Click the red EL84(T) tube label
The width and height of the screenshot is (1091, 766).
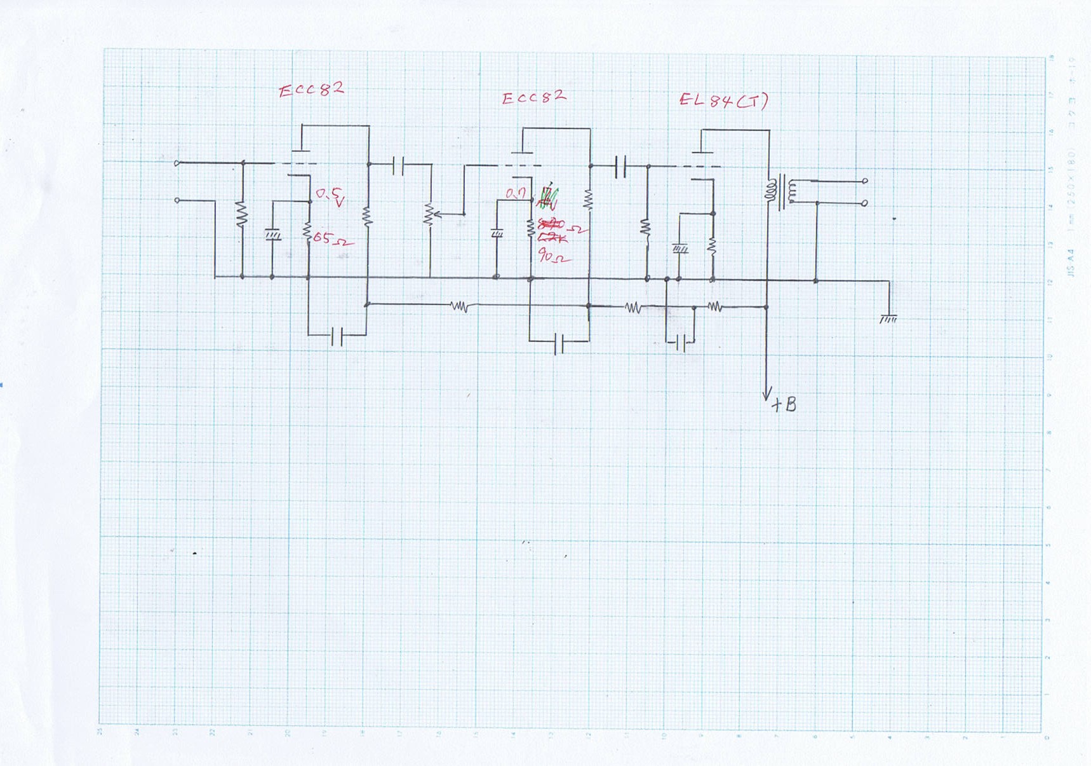723,100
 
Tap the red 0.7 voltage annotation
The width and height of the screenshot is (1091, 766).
516,193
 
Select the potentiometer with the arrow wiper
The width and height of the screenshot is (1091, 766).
430,215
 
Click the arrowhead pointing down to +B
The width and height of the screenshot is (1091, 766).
766,393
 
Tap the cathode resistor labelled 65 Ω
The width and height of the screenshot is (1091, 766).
307,233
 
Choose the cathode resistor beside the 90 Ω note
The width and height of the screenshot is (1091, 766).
531,229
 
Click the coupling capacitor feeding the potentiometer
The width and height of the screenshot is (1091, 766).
398,166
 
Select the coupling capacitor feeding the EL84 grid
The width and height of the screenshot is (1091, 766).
620,167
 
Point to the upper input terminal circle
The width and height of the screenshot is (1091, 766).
177,163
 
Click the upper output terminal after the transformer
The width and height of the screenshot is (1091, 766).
865,181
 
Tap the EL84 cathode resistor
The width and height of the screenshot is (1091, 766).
712,245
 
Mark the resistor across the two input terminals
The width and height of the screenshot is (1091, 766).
242,214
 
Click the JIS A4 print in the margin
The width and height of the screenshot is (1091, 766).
1071,263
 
